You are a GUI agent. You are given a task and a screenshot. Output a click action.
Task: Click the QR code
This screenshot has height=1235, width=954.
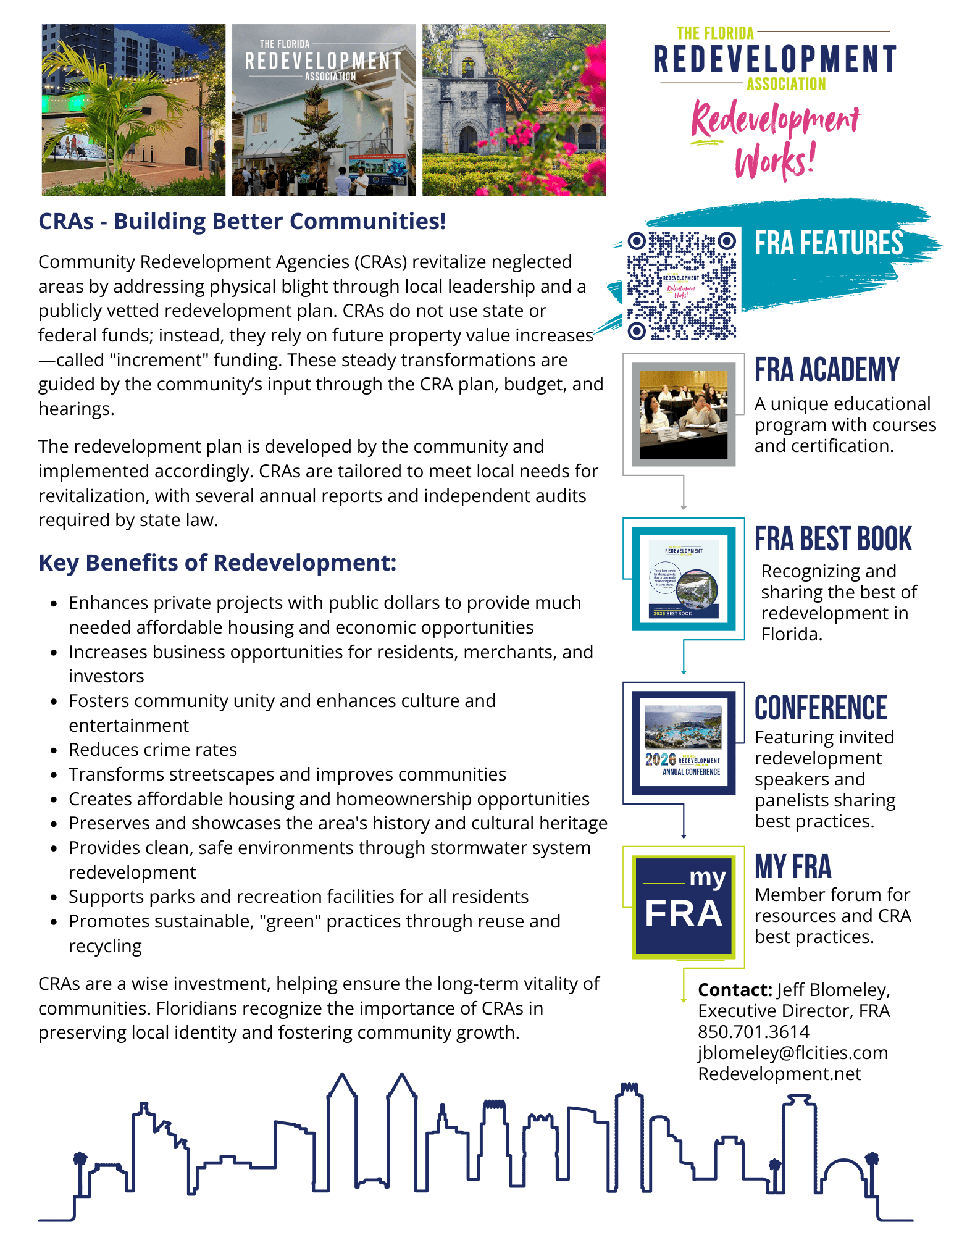(682, 285)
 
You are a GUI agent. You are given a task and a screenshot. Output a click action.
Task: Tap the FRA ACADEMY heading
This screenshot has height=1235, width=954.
(826, 370)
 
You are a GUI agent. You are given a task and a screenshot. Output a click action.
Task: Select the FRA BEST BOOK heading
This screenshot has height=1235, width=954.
(832, 539)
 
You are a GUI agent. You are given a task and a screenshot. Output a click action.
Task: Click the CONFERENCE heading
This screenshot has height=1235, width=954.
(821, 708)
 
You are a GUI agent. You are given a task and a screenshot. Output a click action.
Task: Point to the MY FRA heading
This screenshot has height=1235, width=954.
(793, 866)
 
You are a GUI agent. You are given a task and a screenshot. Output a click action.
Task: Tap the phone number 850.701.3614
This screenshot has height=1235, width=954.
(753, 1032)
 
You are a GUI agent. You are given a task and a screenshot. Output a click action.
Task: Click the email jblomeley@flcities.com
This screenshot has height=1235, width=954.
(793, 1053)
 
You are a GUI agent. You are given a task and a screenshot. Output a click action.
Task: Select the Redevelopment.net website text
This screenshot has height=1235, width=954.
(779, 1074)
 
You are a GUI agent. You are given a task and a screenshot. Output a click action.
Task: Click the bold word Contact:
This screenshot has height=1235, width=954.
(735, 990)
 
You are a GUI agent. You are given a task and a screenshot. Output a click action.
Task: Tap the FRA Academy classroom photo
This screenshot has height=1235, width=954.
(683, 414)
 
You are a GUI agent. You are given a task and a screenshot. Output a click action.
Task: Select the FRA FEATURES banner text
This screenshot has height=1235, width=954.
(829, 243)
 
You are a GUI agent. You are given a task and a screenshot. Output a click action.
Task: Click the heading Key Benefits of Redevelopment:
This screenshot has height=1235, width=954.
(217, 563)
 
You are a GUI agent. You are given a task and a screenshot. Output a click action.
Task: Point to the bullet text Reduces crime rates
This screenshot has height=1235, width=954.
(153, 750)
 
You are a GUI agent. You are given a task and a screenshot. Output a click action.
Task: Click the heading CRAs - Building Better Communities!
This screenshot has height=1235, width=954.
(242, 221)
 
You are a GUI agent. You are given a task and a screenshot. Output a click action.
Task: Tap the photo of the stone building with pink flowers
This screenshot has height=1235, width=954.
(514, 110)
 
